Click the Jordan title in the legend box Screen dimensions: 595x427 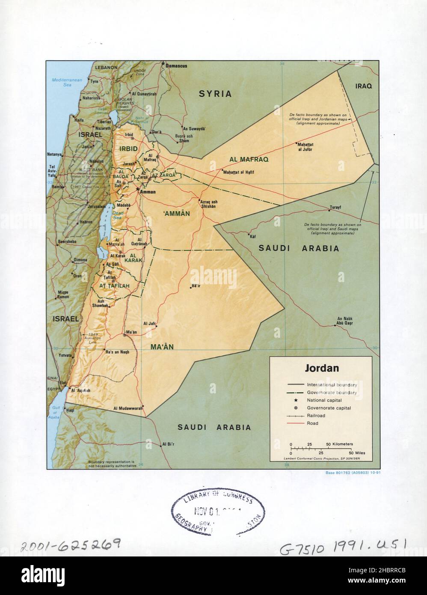tap(321, 368)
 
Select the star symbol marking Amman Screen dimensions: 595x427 tap(137, 189)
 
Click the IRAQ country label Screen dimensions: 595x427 tap(364, 86)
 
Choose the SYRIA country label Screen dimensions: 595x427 tap(215, 94)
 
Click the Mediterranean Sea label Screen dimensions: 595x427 tap(63, 82)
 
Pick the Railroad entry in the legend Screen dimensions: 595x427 tap(316, 416)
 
